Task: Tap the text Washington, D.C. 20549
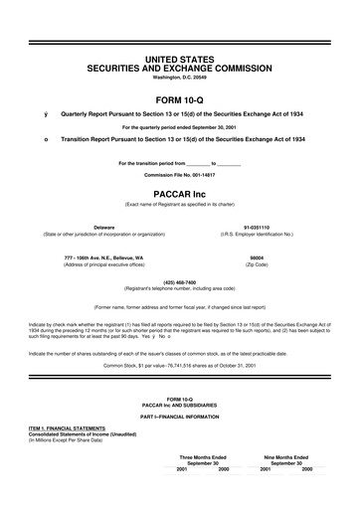click(179, 77)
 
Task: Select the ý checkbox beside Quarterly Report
click(46, 115)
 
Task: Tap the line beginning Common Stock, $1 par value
click(179, 365)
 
